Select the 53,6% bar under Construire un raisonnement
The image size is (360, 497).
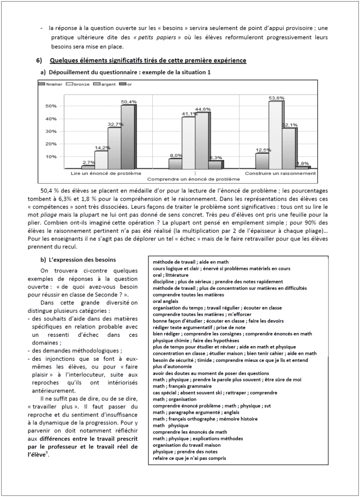pos(275,135)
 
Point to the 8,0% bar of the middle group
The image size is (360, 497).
pos(175,163)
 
